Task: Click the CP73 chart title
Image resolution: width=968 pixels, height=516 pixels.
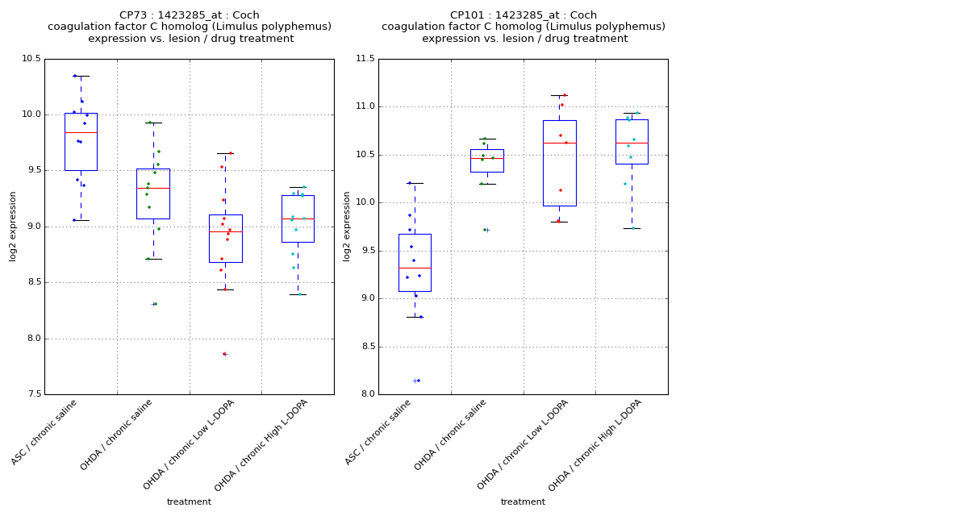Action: point(190,27)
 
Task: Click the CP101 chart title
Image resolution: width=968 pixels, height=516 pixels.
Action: point(524,27)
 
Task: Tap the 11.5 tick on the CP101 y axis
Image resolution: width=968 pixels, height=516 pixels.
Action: point(365,59)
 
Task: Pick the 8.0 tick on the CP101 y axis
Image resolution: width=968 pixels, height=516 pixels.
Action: point(368,394)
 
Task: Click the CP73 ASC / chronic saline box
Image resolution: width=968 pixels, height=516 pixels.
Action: point(81,142)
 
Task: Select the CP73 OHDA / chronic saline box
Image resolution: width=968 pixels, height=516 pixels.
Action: point(152,193)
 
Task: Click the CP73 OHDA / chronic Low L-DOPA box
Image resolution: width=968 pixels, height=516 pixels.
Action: point(225,238)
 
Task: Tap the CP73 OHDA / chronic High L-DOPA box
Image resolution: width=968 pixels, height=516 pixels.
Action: point(298,218)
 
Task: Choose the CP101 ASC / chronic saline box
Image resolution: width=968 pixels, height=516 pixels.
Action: point(415,262)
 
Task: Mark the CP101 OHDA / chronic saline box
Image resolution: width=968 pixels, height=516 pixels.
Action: point(486,160)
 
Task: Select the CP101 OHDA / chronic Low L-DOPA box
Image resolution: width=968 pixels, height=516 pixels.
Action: point(559,163)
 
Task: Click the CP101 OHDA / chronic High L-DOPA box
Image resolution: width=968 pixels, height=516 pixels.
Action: point(632,142)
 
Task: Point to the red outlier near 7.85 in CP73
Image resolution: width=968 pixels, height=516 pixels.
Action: point(224,354)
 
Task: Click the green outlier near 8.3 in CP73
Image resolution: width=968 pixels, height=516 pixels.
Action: point(153,304)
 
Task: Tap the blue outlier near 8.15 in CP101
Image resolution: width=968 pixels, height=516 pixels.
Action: point(417,381)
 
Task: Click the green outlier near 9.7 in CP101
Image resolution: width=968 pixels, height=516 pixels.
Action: point(485,230)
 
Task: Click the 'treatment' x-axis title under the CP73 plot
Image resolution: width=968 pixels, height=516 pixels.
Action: point(189,501)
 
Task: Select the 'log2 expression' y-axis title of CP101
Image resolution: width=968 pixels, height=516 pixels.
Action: point(347,226)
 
